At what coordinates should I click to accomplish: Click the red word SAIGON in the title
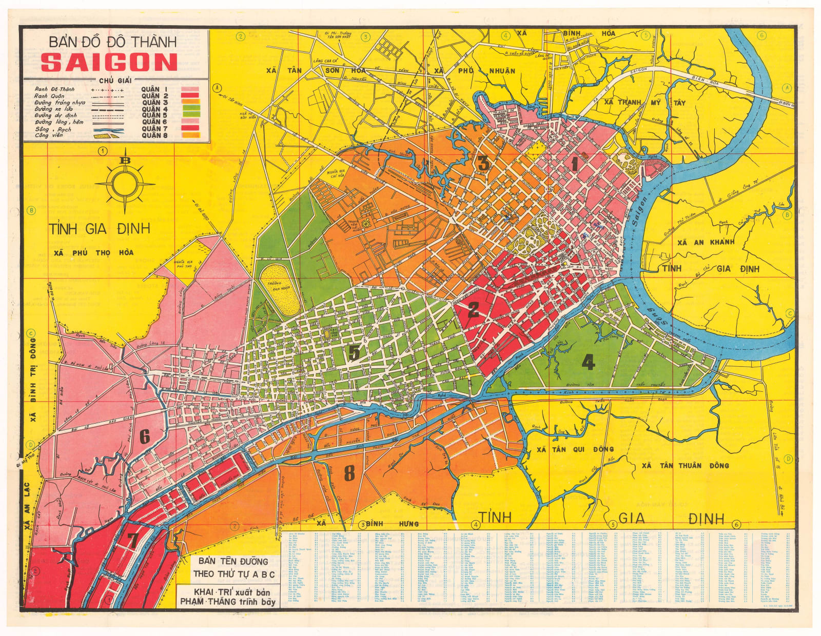(x=109, y=63)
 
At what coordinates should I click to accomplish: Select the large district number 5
(x=354, y=352)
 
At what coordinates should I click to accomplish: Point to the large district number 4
(x=588, y=362)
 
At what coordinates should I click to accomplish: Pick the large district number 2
(x=473, y=309)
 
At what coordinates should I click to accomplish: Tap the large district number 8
(x=349, y=473)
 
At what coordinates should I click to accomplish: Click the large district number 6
(x=145, y=436)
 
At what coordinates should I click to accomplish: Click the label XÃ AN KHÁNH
(x=706, y=242)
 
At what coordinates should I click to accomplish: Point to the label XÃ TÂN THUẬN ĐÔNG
(x=685, y=465)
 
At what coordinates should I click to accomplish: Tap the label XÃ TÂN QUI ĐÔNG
(x=575, y=449)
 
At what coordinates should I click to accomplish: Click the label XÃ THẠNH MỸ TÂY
(x=644, y=102)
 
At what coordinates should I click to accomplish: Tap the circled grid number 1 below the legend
(x=103, y=151)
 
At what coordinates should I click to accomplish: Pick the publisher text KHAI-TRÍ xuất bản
(x=228, y=592)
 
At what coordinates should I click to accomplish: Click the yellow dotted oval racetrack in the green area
(x=280, y=291)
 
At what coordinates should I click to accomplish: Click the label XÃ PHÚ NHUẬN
(x=474, y=71)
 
